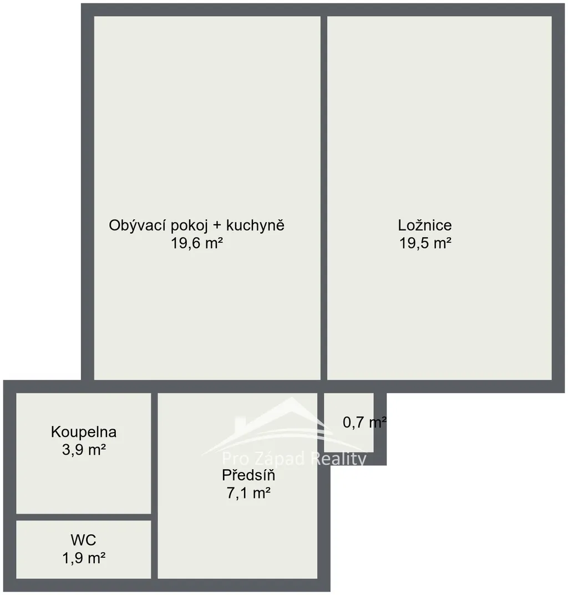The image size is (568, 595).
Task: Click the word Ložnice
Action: [x=425, y=225]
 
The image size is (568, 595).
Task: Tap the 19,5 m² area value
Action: [x=425, y=243]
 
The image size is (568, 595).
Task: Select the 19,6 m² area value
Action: [x=197, y=243]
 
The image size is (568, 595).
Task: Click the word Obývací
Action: [x=138, y=225]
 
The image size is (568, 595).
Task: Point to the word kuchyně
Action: [x=255, y=225]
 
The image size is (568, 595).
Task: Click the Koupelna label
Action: [x=84, y=432]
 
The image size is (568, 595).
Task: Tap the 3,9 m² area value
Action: [x=84, y=450]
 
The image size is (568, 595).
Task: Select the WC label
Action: [x=84, y=540]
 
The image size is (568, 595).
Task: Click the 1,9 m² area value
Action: [x=84, y=558]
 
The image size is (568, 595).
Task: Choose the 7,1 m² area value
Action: [x=248, y=493]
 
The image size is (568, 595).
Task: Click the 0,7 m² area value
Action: [x=365, y=422]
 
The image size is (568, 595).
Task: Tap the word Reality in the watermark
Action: [x=338, y=460]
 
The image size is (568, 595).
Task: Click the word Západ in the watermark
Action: [x=280, y=459]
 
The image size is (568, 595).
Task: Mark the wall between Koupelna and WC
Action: [x=84, y=517]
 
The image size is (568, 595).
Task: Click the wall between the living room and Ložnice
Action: [x=324, y=198]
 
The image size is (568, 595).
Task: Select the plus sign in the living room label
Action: [x=217, y=225]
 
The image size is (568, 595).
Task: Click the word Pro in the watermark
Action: [x=236, y=459]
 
